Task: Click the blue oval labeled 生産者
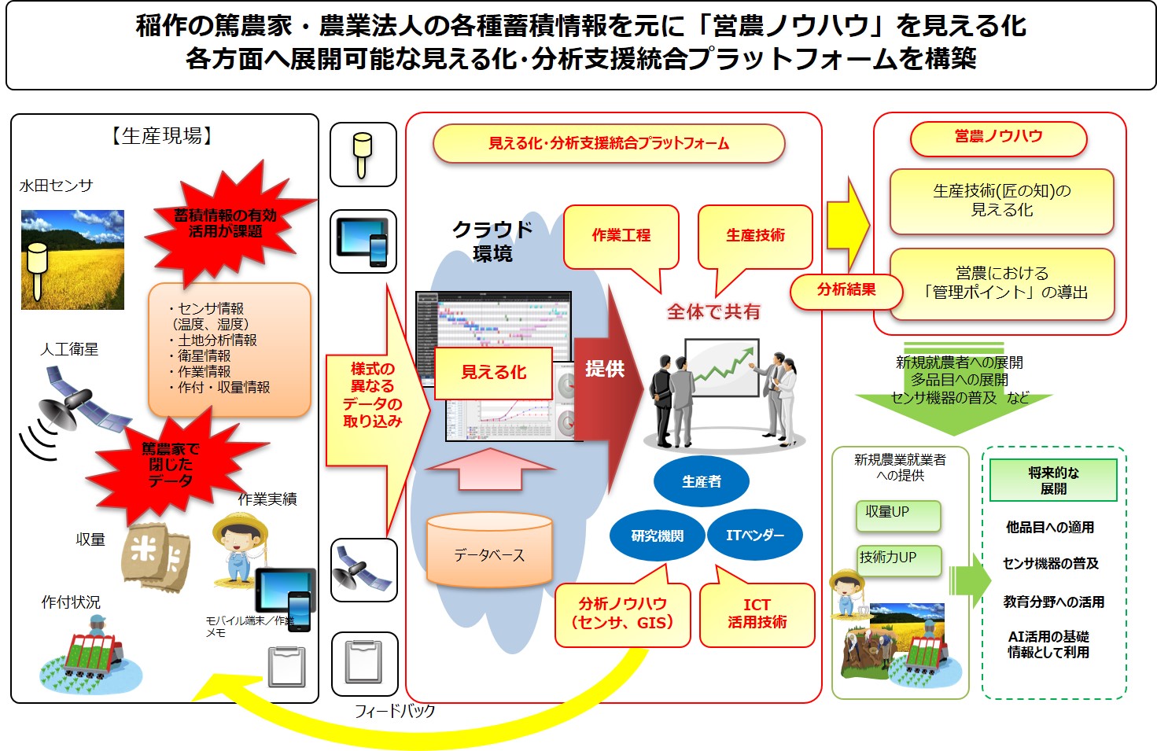coord(701,481)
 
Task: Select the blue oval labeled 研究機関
coord(657,536)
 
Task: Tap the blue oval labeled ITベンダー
coord(754,536)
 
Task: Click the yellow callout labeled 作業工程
coord(621,235)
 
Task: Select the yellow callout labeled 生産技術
coord(755,235)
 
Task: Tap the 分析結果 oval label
coord(846,290)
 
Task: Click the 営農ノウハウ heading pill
coord(998,137)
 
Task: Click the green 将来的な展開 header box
coord(1052,480)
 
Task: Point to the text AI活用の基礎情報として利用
coord(1048,644)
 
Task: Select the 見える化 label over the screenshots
coord(493,372)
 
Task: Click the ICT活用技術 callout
coord(757,613)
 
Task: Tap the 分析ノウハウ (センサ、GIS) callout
coord(622,613)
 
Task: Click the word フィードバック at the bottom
coord(395,711)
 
